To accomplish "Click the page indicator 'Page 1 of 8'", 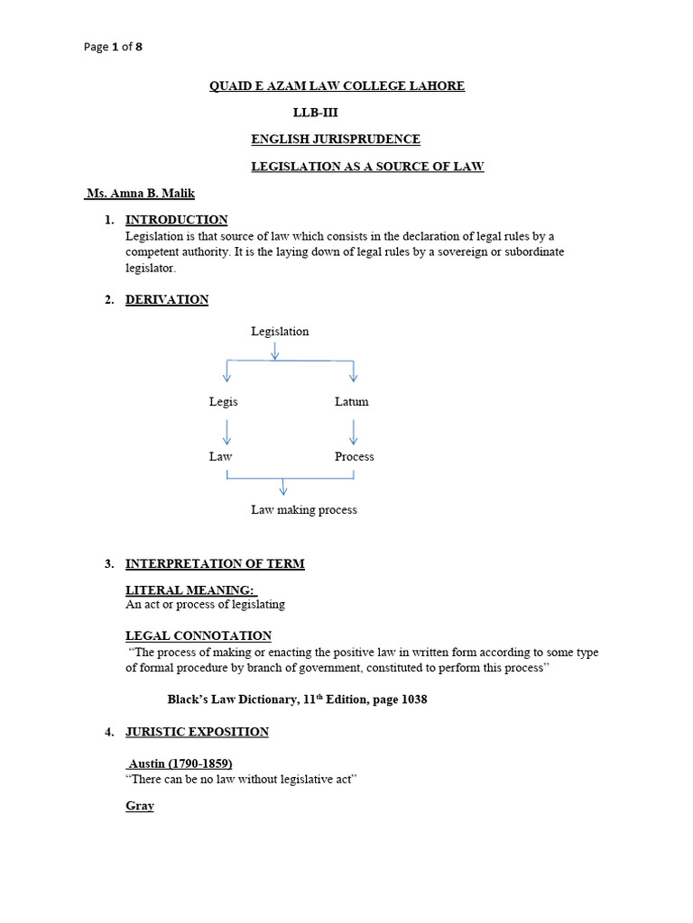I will (x=112, y=48).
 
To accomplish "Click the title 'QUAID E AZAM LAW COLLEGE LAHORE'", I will (x=337, y=87).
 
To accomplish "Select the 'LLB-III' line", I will (x=315, y=113).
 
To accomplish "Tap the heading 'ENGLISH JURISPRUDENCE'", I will (x=335, y=140).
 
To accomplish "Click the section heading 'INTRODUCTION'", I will (x=176, y=220).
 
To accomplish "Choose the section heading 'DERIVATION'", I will (x=167, y=300).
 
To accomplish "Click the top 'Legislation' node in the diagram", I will (x=280, y=332).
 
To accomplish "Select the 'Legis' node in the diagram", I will (x=224, y=402).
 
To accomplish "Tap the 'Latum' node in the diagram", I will (x=351, y=402).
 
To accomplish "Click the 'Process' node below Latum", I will (x=354, y=457).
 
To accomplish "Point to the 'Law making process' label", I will (x=304, y=510).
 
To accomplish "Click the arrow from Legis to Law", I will (x=226, y=430).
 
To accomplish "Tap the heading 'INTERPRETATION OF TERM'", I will (x=215, y=564).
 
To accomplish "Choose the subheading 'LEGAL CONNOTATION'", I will (x=199, y=636).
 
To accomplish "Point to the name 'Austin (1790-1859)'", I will (x=180, y=763).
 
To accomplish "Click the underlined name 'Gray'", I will (x=140, y=807).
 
